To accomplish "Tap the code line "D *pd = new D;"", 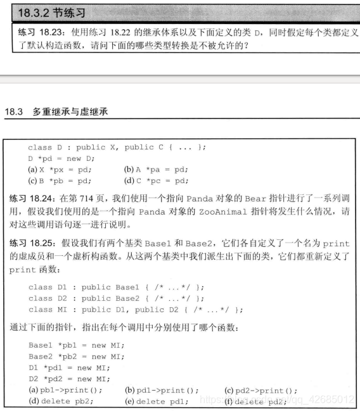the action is [61, 158].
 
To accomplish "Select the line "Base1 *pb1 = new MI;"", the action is [77, 345].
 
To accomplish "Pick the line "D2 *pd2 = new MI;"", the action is [70, 379].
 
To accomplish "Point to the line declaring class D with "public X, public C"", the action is [117, 148].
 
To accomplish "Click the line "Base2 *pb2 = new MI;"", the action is [77, 357].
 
